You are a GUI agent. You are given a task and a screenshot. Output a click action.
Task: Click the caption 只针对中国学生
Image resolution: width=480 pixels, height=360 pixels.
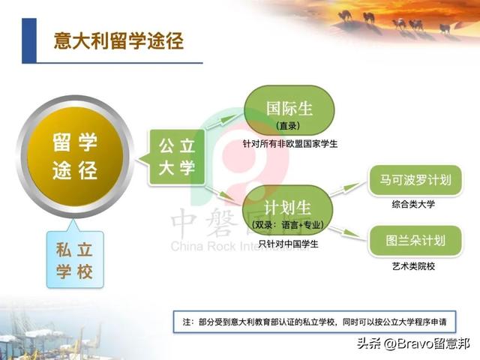pos(288,244)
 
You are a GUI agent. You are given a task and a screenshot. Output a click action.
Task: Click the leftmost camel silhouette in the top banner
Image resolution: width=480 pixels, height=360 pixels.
pos(346,14)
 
